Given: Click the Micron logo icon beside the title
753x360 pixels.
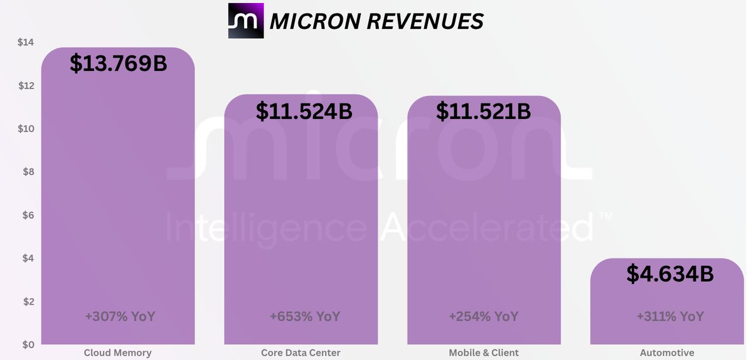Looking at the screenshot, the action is click(x=246, y=21).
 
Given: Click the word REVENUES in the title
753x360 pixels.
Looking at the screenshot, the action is click(x=425, y=21).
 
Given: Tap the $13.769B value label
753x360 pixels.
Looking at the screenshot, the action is click(x=119, y=63).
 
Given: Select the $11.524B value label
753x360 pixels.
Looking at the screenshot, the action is click(x=304, y=111).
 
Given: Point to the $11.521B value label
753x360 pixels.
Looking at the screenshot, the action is click(x=483, y=111).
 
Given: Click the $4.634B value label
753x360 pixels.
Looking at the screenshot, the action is click(x=670, y=273).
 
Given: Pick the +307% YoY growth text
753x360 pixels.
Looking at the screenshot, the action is click(x=120, y=316).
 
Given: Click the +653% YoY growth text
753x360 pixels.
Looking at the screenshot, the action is click(x=305, y=316).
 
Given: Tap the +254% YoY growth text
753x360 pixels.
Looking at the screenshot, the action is click(x=484, y=316).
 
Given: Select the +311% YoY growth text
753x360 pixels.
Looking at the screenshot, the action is click(x=670, y=316).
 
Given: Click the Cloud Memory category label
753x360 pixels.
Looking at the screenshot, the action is click(x=118, y=352).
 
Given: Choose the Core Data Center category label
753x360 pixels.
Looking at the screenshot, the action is click(x=301, y=352).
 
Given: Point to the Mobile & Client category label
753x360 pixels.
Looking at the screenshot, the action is click(x=484, y=352).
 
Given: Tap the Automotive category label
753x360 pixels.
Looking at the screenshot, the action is click(x=667, y=352).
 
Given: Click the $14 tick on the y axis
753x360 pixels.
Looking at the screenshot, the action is click(x=26, y=43).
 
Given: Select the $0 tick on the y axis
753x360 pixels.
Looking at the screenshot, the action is click(x=28, y=344).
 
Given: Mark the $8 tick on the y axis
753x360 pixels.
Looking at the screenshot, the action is click(x=28, y=172).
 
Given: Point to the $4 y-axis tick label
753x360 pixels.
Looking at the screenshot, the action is click(x=28, y=258).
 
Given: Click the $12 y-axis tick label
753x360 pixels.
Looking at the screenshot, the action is click(x=26, y=86).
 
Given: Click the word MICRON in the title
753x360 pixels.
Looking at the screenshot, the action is click(x=315, y=21).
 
